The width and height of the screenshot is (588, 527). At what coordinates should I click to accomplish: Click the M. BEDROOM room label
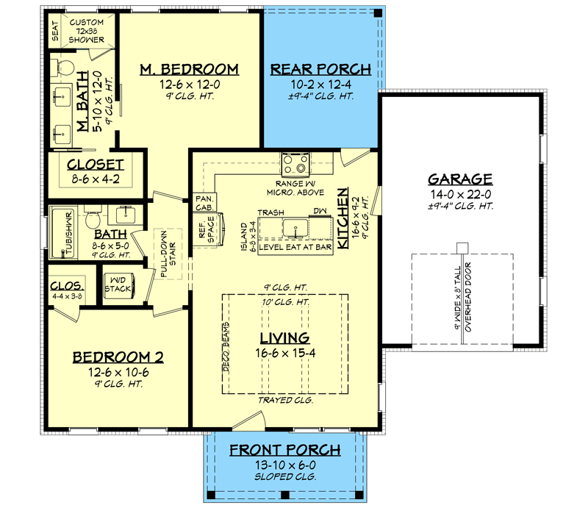[190, 70]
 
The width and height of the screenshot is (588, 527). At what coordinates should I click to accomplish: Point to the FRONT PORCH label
[284, 451]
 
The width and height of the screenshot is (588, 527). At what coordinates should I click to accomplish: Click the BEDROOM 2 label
[118, 357]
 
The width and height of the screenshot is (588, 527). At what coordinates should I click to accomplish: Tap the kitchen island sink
[298, 226]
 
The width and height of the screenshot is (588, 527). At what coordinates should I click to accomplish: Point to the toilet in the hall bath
[93, 219]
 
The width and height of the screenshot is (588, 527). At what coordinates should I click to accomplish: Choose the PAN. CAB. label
[204, 203]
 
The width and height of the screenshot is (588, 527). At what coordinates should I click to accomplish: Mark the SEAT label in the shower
[55, 31]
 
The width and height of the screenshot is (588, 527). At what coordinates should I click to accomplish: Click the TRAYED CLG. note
[285, 401]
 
